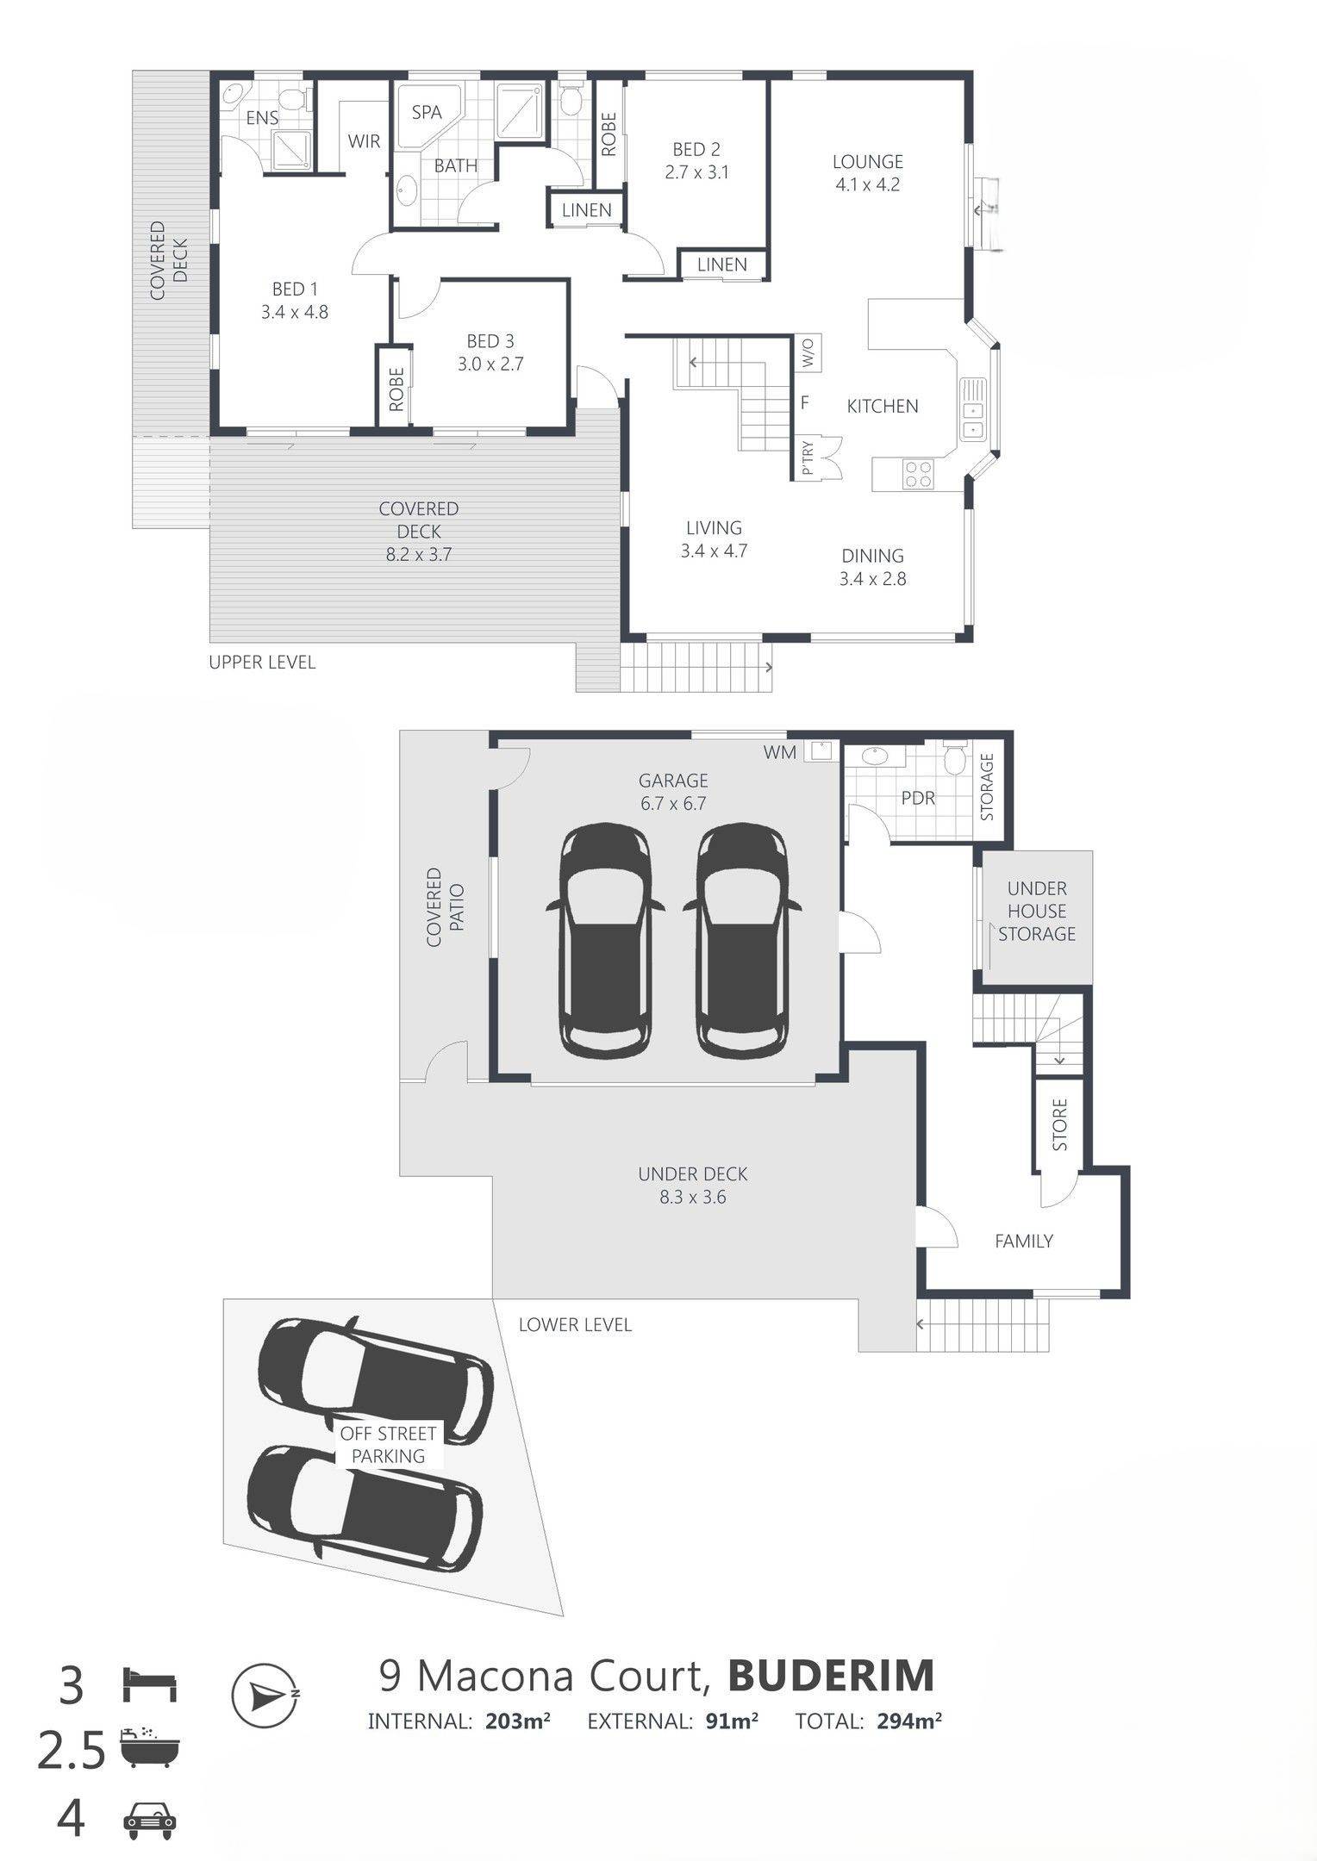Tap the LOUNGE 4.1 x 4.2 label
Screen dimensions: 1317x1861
(867, 172)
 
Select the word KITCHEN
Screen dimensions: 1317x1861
(883, 406)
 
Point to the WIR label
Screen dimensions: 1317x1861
(364, 141)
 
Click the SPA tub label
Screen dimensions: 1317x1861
(427, 112)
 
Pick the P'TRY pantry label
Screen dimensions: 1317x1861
(808, 459)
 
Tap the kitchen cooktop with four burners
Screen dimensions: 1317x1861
(916, 474)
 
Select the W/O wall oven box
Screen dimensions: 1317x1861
(808, 352)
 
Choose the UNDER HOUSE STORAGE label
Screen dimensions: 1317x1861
(1037, 911)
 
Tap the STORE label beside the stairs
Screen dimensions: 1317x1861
(1060, 1124)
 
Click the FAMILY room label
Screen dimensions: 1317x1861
(1024, 1241)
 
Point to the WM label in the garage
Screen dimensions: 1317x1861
(780, 752)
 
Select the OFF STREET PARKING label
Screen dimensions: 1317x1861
(388, 1445)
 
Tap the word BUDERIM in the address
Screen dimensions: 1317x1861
(832, 1676)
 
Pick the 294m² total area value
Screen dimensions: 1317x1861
(909, 1721)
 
